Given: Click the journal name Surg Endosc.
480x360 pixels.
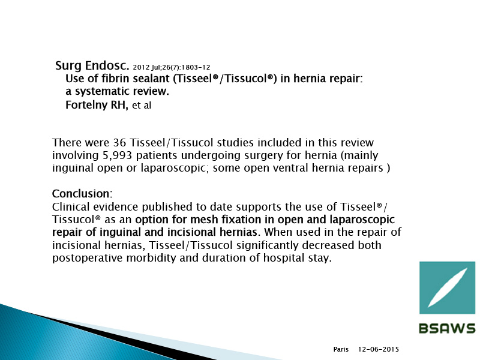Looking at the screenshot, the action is click(x=92, y=65).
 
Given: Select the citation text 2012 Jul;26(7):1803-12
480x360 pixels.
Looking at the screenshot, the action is click(x=172, y=67).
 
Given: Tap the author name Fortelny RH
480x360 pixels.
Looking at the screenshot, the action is click(x=97, y=105).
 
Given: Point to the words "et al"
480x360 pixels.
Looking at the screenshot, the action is click(x=142, y=106).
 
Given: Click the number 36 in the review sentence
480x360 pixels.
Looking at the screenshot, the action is click(x=119, y=143).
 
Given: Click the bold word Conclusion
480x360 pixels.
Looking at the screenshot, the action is click(x=81, y=194).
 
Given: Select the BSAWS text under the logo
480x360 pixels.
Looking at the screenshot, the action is click(x=447, y=328).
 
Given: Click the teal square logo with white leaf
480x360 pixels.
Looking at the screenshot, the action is click(x=447, y=287).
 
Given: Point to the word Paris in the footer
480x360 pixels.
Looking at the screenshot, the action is click(x=341, y=349).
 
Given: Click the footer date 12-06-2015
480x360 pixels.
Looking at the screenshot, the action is click(x=379, y=349).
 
